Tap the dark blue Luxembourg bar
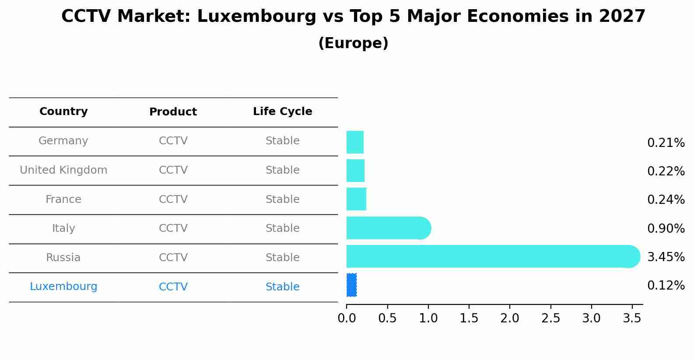(351, 285)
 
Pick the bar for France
(356, 199)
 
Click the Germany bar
(355, 142)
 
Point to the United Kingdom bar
(355, 171)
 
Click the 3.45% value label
(666, 257)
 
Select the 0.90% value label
(666, 228)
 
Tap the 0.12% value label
(666, 286)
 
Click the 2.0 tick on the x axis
(510, 318)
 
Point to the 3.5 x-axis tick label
(632, 318)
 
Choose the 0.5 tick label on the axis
(387, 318)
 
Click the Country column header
(63, 112)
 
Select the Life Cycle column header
(282, 112)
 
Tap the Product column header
(173, 112)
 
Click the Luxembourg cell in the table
(63, 287)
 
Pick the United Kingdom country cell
(63, 170)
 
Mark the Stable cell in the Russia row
(282, 258)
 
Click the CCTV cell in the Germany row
(173, 141)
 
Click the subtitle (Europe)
(353, 43)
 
